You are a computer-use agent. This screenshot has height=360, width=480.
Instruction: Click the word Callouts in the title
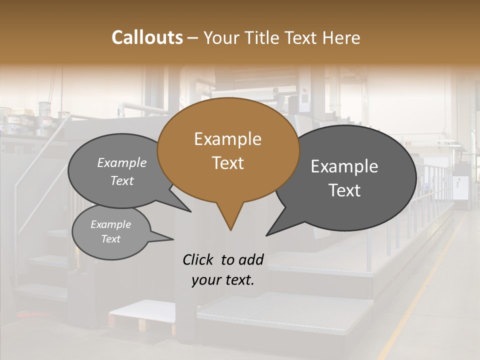point(147,37)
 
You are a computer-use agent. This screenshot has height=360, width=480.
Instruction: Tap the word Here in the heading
point(339,38)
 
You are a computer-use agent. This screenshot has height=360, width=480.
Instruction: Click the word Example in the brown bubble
point(227,139)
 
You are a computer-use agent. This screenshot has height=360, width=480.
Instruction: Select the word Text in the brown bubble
point(227,163)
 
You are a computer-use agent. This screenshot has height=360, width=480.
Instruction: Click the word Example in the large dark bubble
point(344,166)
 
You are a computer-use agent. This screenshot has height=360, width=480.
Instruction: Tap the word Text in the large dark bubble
point(344,190)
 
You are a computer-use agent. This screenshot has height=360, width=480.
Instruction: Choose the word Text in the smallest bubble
point(111,239)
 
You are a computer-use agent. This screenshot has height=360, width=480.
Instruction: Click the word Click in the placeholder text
point(198,259)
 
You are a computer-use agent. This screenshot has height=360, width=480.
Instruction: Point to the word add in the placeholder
point(251,259)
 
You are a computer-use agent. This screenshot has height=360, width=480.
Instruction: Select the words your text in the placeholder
point(222,280)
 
